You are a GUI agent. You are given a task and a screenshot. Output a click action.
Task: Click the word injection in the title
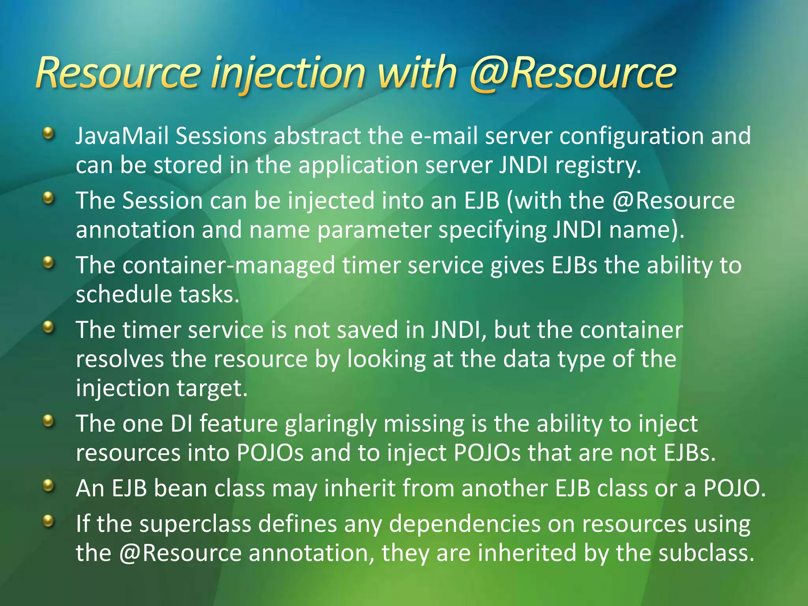[x=288, y=73]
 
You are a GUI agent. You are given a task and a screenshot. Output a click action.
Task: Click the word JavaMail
[x=122, y=136]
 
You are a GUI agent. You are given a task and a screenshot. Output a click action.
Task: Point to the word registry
[x=598, y=165]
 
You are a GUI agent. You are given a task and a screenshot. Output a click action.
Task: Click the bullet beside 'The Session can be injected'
[x=48, y=197]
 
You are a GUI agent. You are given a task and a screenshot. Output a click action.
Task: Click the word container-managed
[x=229, y=265]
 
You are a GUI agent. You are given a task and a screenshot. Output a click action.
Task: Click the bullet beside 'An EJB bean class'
[x=48, y=485]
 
